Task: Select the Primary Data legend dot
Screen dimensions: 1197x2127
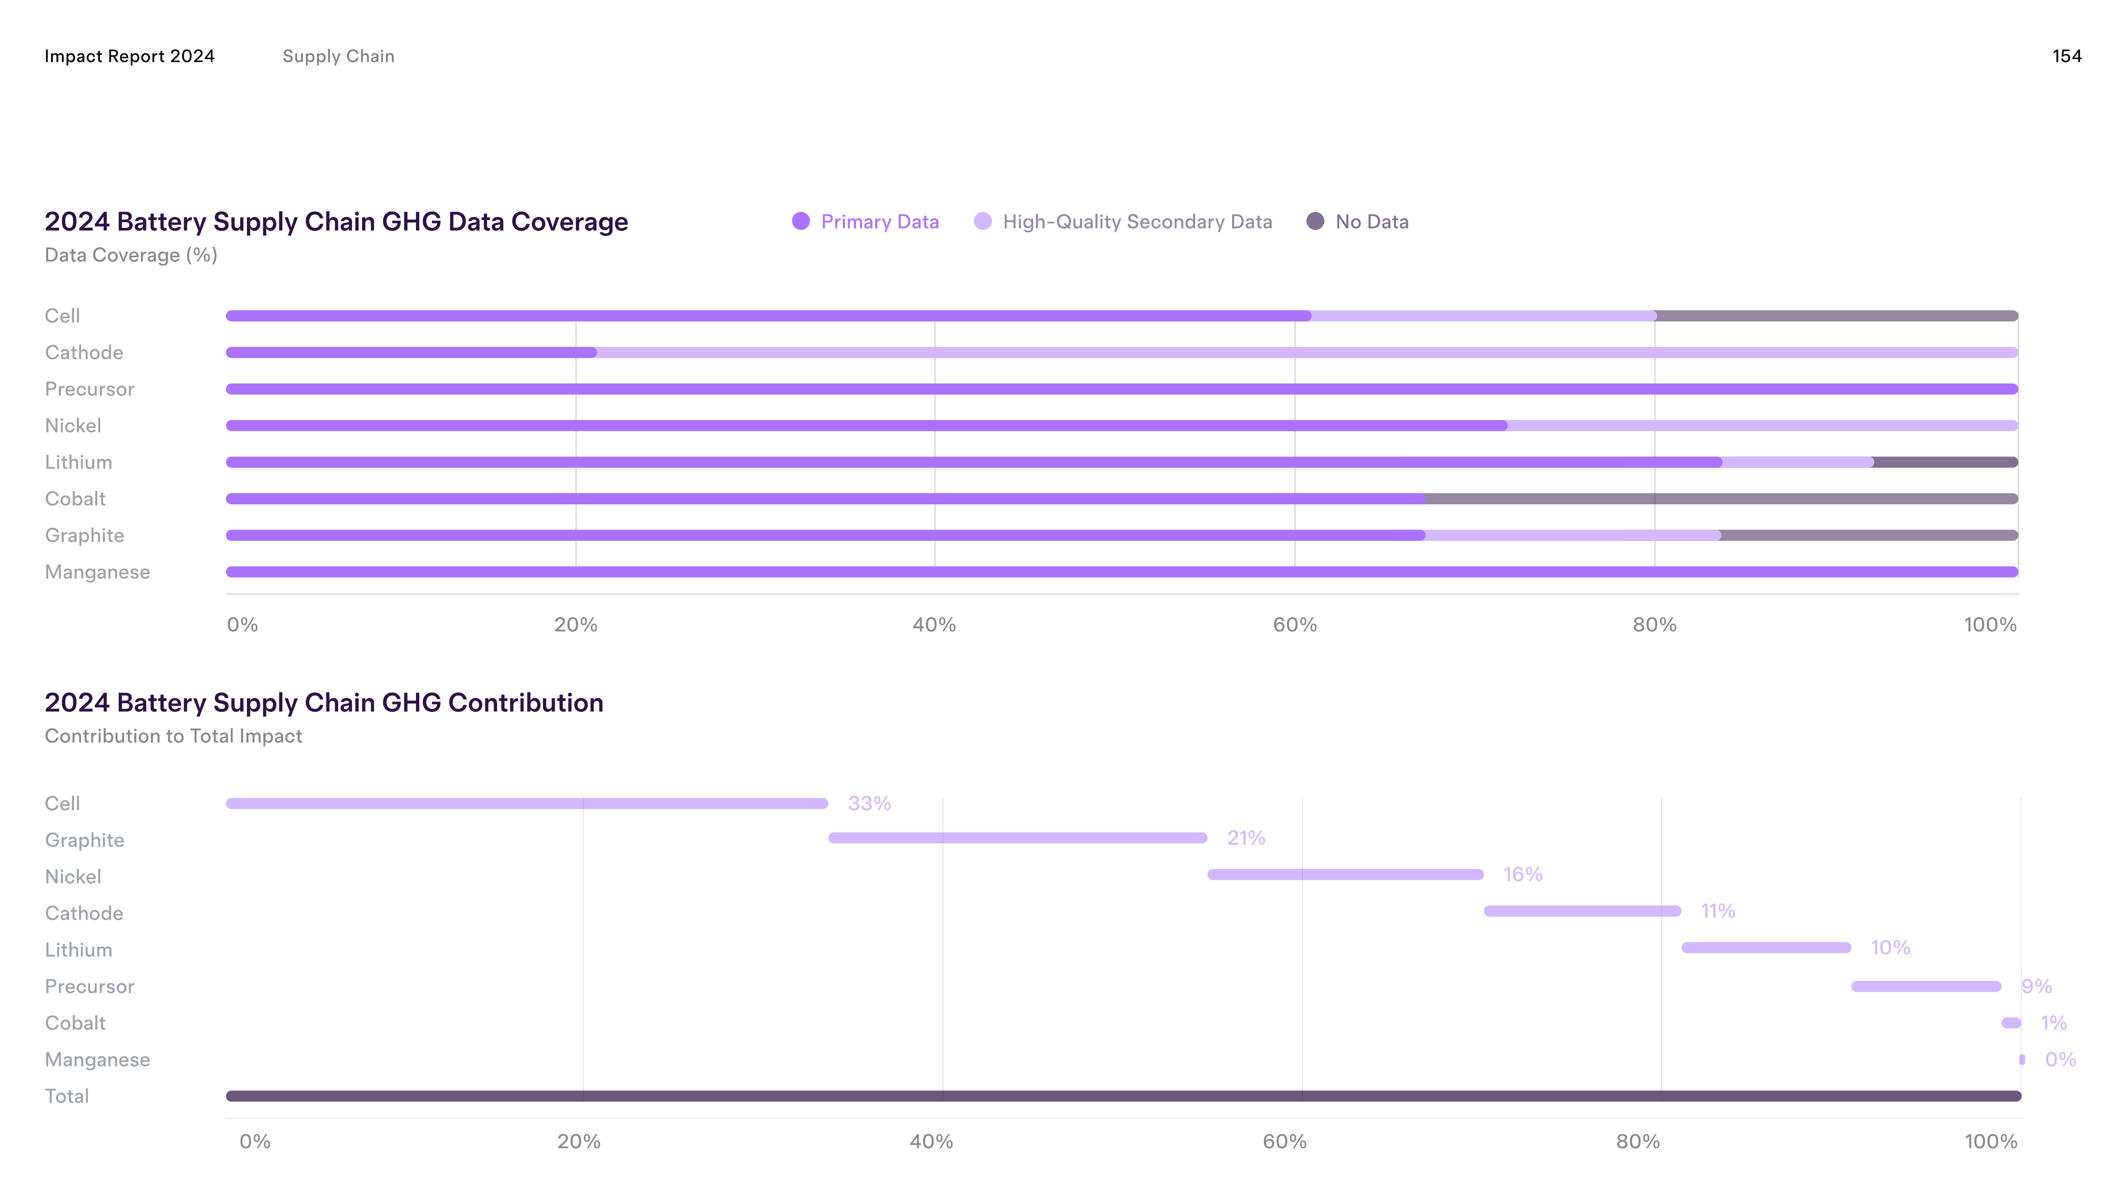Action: (x=800, y=222)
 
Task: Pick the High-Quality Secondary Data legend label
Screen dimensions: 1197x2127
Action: (x=1137, y=222)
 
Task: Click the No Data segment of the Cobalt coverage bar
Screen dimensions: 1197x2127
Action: (x=1722, y=499)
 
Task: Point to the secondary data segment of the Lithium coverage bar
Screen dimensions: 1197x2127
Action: (x=1797, y=463)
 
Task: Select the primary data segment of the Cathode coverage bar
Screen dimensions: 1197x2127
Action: (x=411, y=353)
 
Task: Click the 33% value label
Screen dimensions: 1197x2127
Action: (x=869, y=804)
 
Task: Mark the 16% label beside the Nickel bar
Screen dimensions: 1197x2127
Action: (x=1522, y=875)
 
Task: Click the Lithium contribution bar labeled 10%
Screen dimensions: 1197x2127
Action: (x=1766, y=947)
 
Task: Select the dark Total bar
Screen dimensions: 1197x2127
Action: (x=1123, y=1096)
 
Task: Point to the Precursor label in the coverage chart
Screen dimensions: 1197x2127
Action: (x=89, y=389)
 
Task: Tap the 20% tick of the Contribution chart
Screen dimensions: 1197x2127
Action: (x=579, y=1142)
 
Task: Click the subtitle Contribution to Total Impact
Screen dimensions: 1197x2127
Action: (x=174, y=736)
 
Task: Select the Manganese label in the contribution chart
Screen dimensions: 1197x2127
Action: (x=97, y=1060)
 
